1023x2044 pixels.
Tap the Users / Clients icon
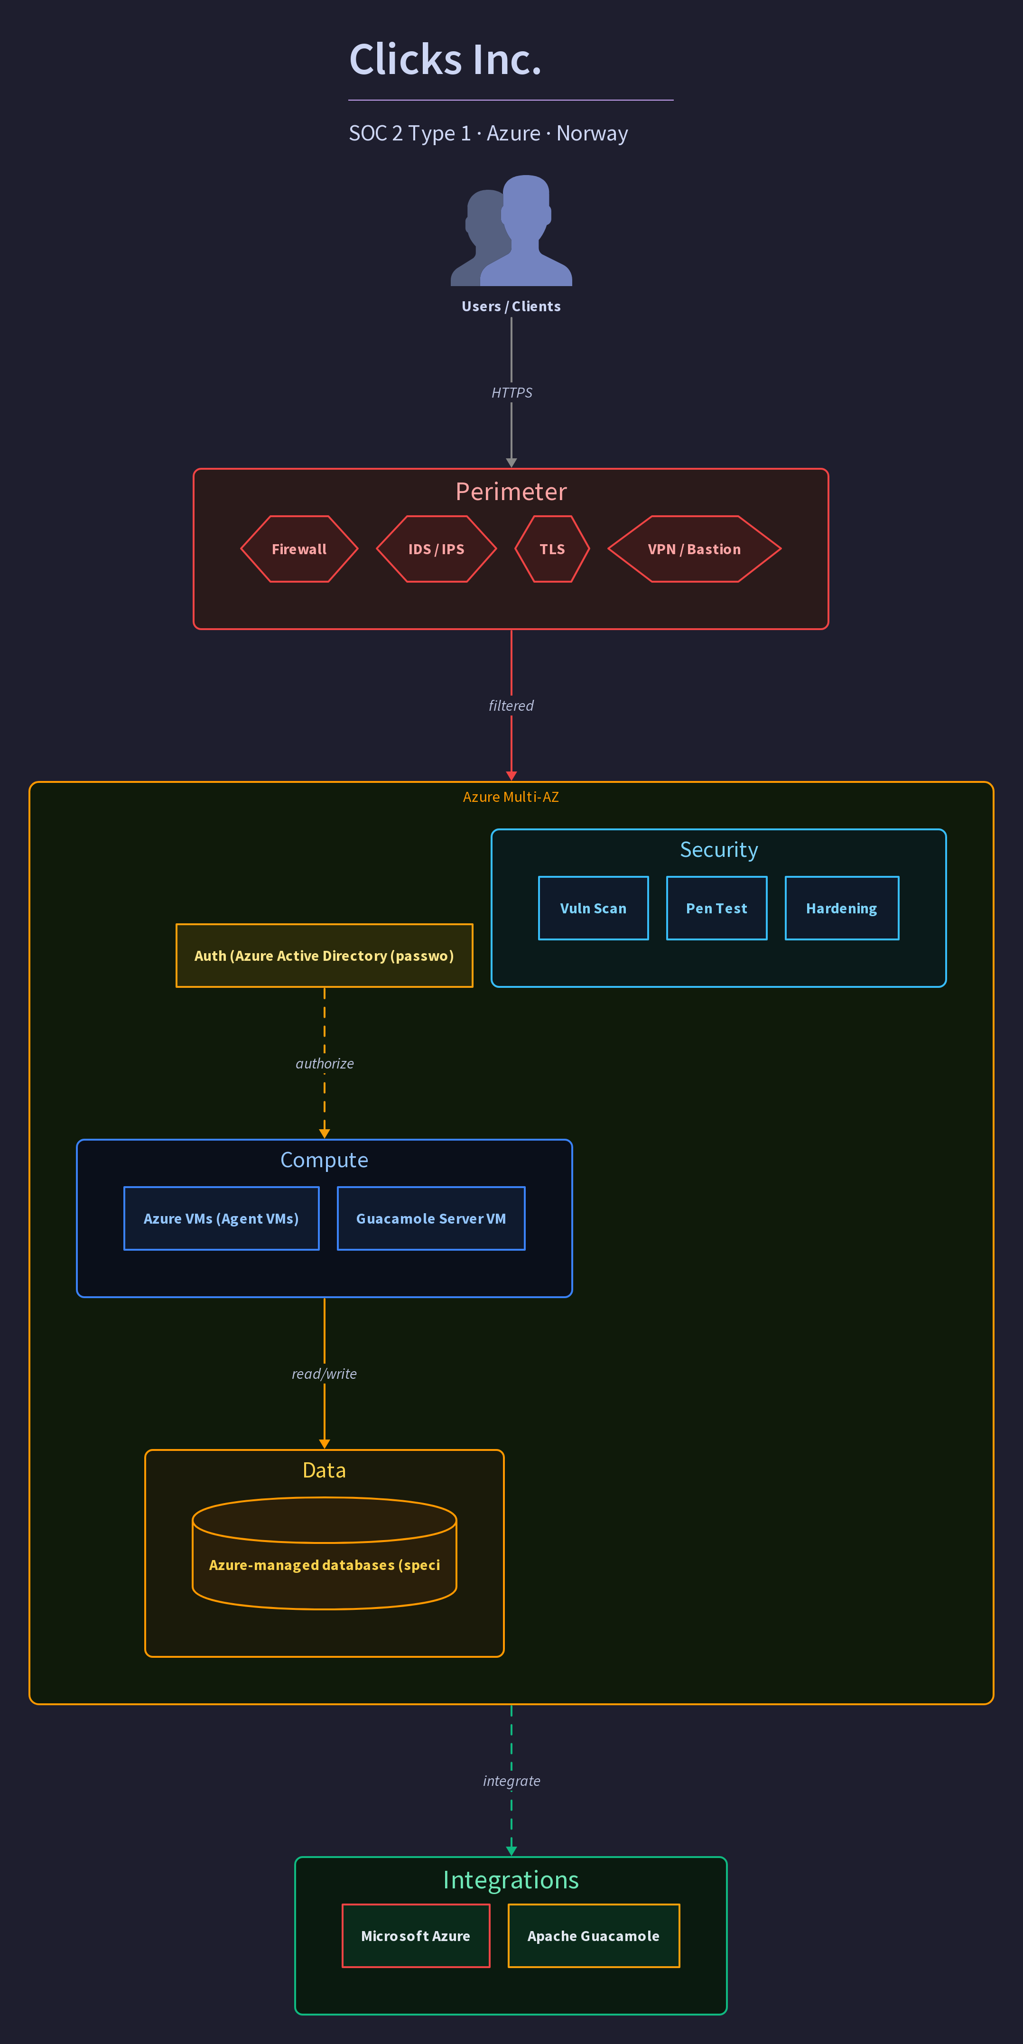(511, 230)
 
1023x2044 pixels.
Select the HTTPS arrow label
(511, 393)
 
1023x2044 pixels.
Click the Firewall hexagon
(299, 549)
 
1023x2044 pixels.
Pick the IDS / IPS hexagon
(437, 549)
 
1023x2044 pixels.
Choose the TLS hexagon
(552, 549)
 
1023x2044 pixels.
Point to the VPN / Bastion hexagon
(695, 549)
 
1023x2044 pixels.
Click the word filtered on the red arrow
(511, 706)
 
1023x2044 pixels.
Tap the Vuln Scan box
(594, 909)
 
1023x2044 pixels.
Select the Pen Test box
(716, 909)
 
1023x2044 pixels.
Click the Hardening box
(842, 909)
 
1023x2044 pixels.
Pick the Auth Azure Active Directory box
(325, 956)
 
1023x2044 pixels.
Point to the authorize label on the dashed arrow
(325, 1063)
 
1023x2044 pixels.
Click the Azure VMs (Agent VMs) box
(222, 1219)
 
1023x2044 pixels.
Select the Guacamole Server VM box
(431, 1219)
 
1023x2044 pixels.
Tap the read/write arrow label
(325, 1374)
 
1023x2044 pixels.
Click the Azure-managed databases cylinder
(325, 1553)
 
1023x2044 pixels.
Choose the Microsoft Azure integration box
(416, 1936)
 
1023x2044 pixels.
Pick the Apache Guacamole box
(594, 1936)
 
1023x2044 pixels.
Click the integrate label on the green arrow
(511, 1781)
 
